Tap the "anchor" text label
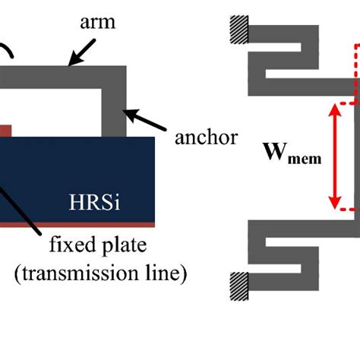pos(206,137)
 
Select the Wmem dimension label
pos(292,157)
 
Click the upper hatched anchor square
pos(237,30)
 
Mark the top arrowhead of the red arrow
pos(333,110)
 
